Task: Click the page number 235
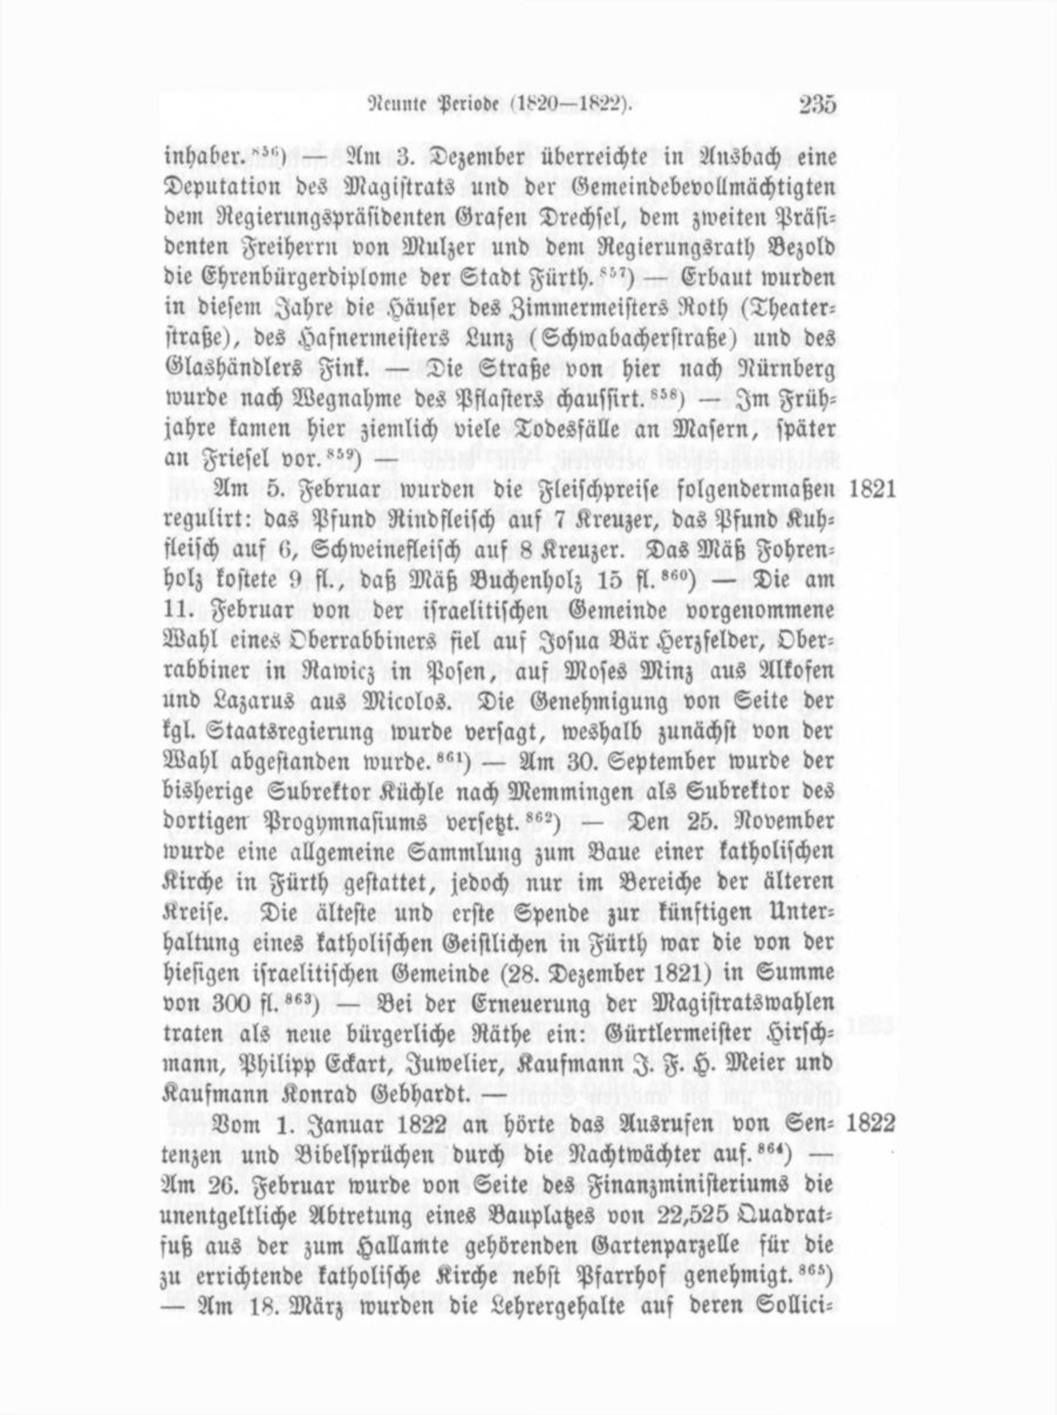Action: coord(817,105)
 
